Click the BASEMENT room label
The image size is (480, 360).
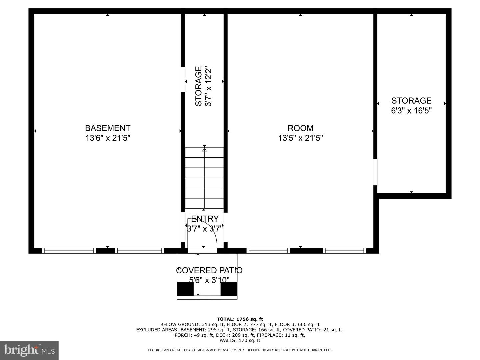point(107,128)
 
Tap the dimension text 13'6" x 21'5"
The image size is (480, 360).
point(107,138)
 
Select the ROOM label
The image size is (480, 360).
point(300,128)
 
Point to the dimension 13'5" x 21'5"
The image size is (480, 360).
point(300,138)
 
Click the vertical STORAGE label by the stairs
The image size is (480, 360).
point(199,86)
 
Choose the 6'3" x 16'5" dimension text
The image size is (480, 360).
point(411,111)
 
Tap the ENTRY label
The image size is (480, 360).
point(205,219)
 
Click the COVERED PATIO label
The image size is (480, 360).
point(209,270)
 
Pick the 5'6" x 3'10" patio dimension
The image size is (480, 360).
point(209,280)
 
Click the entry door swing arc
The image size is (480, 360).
point(213,230)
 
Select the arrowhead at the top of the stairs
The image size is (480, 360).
point(204,149)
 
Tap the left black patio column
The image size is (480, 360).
point(185,289)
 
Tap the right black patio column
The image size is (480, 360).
point(229,289)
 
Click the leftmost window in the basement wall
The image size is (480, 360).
point(69,251)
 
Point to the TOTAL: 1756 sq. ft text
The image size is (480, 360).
point(240,319)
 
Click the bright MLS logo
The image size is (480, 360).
point(29,350)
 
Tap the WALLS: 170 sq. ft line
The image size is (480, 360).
point(240,341)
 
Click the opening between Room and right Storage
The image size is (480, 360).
point(375,172)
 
